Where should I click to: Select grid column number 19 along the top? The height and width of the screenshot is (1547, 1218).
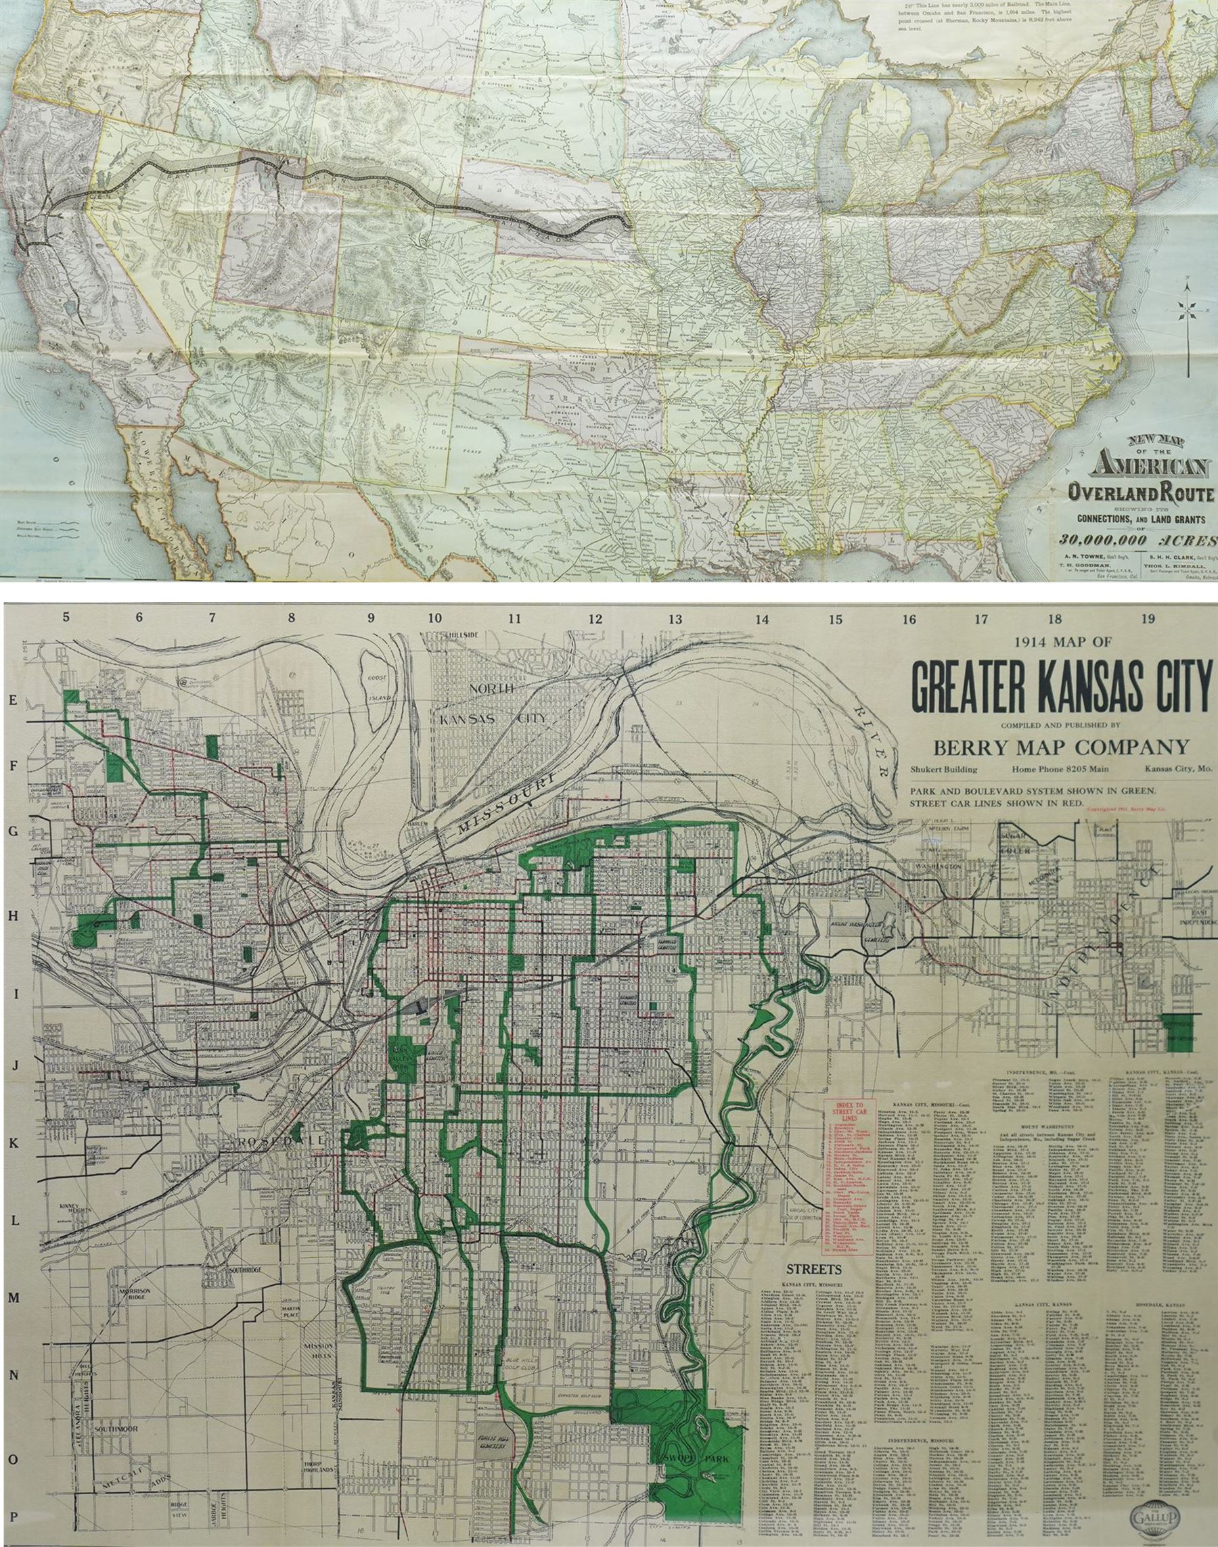click(x=1147, y=618)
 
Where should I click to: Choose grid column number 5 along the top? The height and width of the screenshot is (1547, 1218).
click(x=66, y=618)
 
